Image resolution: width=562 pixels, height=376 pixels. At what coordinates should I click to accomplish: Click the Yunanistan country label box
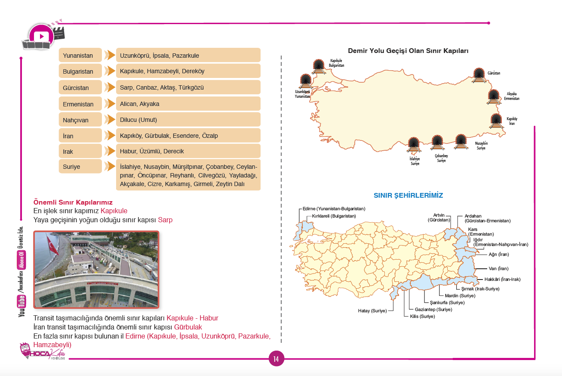(x=80, y=56)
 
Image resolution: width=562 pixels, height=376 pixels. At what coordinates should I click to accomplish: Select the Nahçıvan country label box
(x=80, y=120)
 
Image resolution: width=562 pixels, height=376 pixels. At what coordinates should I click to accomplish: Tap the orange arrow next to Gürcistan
(x=110, y=87)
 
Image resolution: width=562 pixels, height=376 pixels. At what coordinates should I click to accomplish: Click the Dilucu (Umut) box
(x=188, y=120)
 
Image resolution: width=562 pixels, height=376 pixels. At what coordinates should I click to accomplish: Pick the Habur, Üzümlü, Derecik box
(x=188, y=152)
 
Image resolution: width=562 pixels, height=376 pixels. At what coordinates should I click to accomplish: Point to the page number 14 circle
(x=276, y=359)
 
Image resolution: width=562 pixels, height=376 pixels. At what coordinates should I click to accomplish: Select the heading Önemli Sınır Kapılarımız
(x=73, y=202)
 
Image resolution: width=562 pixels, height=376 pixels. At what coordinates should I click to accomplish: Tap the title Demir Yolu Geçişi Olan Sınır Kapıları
(x=408, y=51)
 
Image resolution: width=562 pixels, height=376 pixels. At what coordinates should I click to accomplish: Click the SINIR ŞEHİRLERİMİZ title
(x=408, y=196)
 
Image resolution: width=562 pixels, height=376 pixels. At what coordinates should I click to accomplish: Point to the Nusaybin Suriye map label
(x=481, y=145)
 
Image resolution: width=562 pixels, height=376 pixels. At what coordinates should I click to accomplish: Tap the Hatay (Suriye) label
(x=372, y=311)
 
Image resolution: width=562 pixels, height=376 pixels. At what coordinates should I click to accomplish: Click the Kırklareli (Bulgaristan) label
(x=334, y=215)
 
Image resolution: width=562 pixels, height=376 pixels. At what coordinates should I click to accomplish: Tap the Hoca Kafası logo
(x=43, y=351)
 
